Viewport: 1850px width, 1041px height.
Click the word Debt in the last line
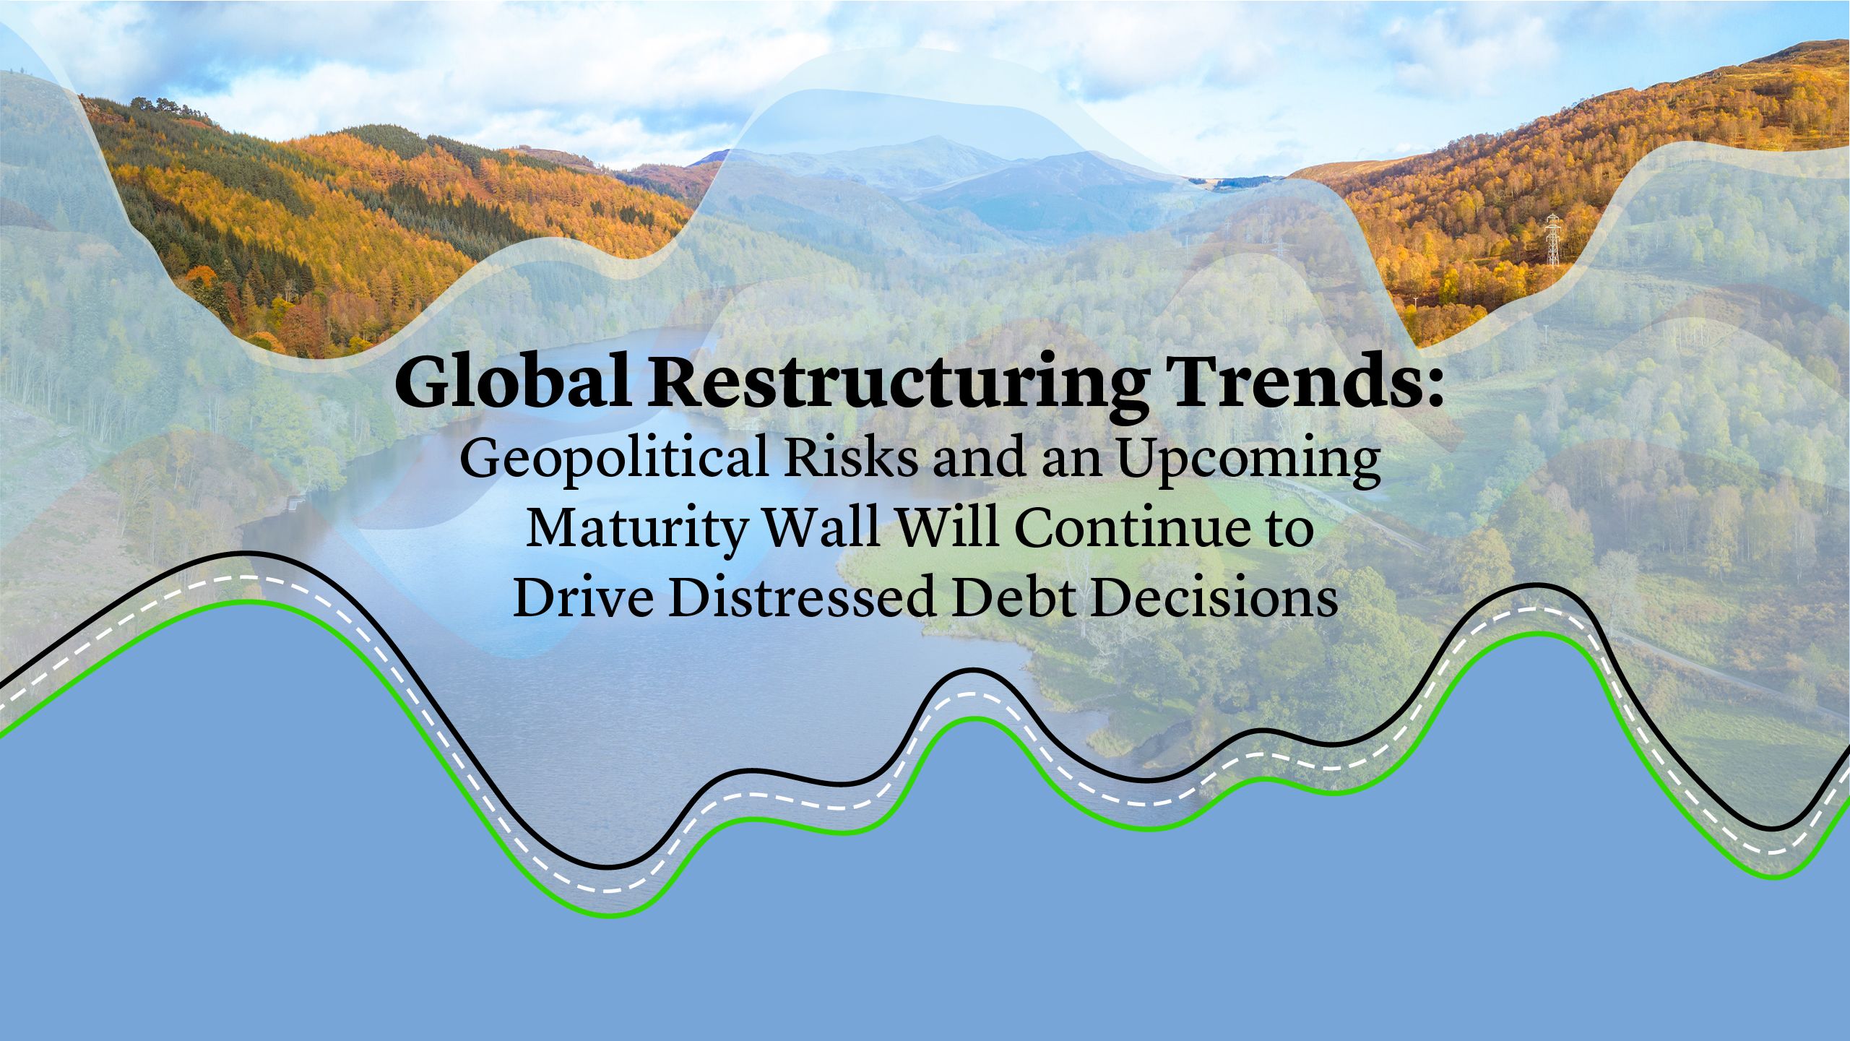click(x=1014, y=597)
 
